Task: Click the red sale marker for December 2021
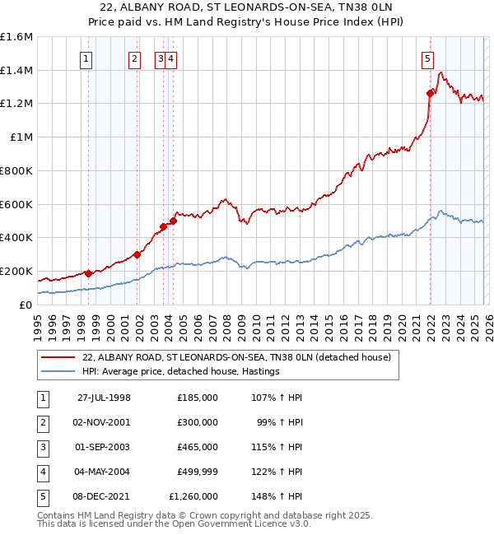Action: tap(430, 93)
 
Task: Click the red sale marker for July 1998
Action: tap(88, 273)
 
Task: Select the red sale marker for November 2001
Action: tap(137, 254)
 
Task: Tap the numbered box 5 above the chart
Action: tap(428, 58)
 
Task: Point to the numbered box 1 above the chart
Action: tap(86, 58)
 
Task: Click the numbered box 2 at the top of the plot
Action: tap(133, 58)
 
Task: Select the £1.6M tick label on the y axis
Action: tap(16, 37)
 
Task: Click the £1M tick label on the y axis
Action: tap(21, 137)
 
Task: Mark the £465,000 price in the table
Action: tap(197, 447)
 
